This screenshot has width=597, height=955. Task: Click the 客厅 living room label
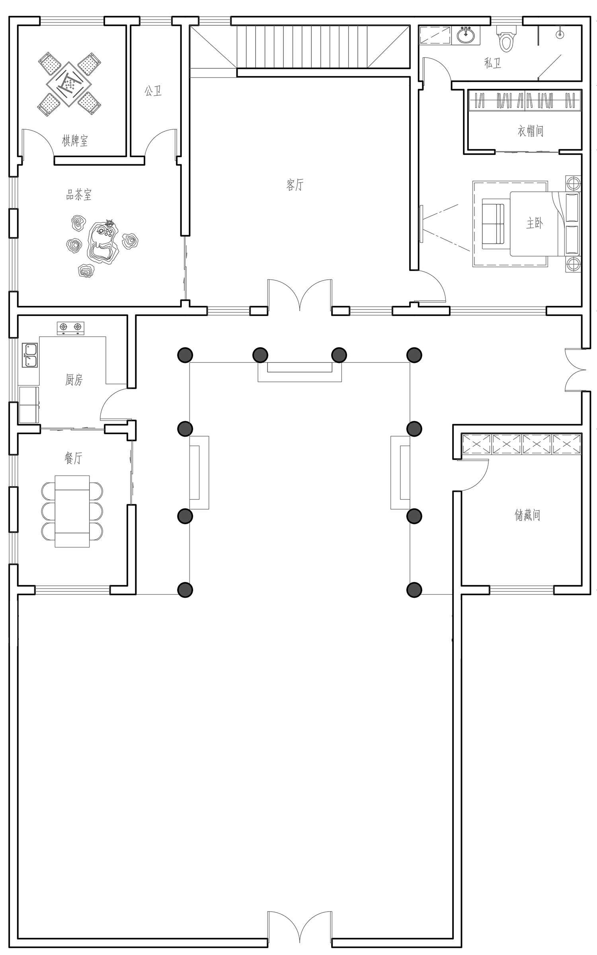[295, 185]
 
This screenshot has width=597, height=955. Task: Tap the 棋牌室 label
[75, 140]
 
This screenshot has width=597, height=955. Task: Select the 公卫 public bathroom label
[153, 91]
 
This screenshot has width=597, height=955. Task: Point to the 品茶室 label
[79, 195]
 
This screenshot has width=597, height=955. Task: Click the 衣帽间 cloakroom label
[531, 131]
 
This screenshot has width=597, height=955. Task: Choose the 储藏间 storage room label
[527, 515]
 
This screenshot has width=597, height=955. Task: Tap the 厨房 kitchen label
[74, 380]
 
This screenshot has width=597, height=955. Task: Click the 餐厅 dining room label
[73, 458]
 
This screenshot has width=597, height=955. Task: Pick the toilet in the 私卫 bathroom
[505, 39]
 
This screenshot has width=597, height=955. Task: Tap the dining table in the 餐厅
[72, 511]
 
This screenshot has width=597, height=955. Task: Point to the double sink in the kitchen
[30, 355]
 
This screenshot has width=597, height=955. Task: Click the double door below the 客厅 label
[300, 295]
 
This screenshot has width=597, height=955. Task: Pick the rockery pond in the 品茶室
[103, 243]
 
